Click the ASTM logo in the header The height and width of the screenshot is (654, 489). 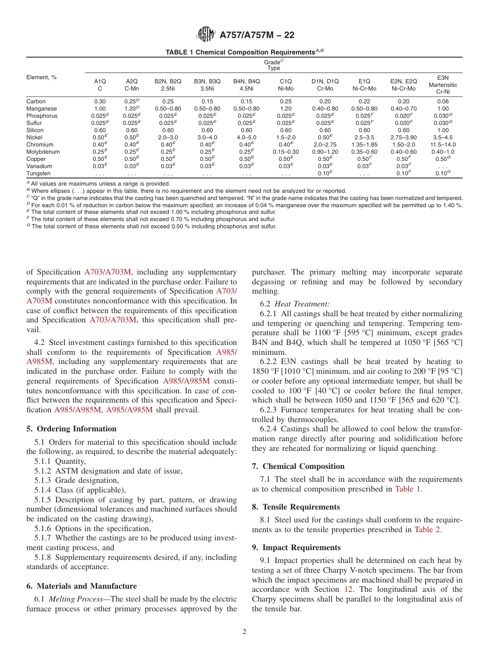click(x=206, y=35)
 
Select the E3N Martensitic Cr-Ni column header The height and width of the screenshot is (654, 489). click(x=443, y=84)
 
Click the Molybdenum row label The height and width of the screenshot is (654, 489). click(x=43, y=152)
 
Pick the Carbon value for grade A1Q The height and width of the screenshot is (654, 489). click(x=100, y=101)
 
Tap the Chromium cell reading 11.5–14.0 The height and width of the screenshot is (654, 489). click(x=443, y=144)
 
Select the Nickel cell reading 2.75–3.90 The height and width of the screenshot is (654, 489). click(x=403, y=137)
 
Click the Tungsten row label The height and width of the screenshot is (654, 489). click(x=39, y=173)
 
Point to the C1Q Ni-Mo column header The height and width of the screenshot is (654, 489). click(x=285, y=84)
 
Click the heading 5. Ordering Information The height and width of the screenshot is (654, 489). click(x=72, y=429)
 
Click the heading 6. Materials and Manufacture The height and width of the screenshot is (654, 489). click(x=81, y=586)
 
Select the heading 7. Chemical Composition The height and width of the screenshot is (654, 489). click(x=298, y=466)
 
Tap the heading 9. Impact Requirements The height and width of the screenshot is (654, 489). click(x=296, y=548)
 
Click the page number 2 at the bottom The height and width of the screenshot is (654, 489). click(x=244, y=632)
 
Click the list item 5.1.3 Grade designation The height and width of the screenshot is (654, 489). click(x=77, y=480)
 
